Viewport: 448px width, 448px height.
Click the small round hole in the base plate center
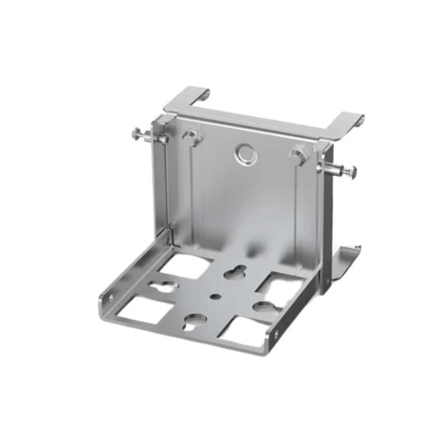(x=214, y=295)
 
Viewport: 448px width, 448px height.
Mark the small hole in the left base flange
(x=110, y=297)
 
